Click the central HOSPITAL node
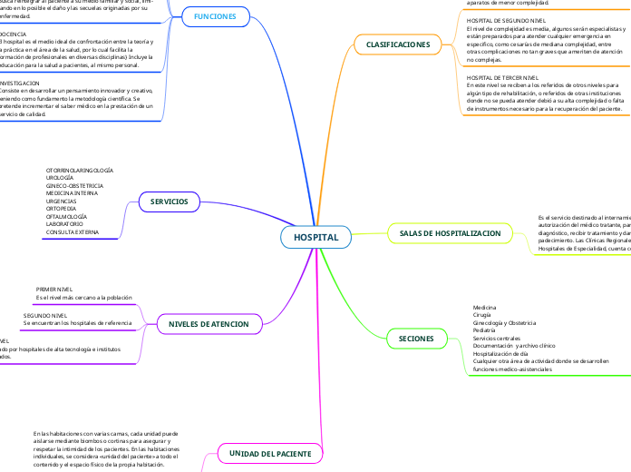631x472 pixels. click(315, 237)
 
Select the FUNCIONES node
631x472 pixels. click(215, 16)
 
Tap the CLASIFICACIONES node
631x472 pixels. click(397, 44)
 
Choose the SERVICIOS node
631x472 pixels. click(170, 201)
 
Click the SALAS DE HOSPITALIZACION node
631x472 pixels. click(450, 233)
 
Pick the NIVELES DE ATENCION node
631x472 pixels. click(209, 323)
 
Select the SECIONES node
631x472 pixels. click(416, 339)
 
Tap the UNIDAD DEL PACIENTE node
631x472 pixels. click(269, 452)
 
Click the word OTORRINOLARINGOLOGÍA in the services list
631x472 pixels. click(79, 170)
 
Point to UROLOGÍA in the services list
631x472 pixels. click(61, 178)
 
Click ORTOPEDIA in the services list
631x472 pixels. click(62, 209)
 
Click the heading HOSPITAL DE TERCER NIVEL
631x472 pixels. click(502, 78)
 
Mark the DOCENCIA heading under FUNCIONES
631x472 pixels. click(13, 34)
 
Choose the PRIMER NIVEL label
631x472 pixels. click(54, 289)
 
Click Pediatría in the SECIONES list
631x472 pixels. click(486, 330)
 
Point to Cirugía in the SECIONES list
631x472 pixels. click(483, 315)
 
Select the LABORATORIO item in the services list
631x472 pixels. click(64, 224)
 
